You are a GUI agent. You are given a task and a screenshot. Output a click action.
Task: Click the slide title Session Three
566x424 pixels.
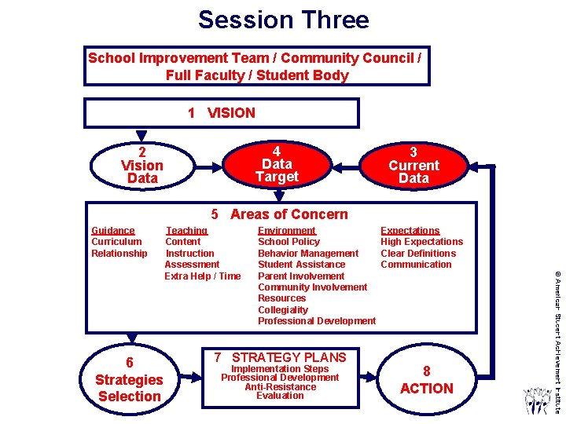pos(283,19)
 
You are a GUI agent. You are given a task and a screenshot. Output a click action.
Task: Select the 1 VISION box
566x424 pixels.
pos(222,113)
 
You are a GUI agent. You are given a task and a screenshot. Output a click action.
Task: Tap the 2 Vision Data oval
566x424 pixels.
pos(142,166)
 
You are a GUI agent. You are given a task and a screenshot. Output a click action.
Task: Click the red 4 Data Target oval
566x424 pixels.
pos(277,164)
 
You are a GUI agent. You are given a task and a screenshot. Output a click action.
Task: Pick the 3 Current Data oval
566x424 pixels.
pos(413,166)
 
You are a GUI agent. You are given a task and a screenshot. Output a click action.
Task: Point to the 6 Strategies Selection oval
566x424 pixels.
pos(129,379)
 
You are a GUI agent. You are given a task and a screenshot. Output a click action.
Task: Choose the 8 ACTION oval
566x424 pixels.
pos(426,379)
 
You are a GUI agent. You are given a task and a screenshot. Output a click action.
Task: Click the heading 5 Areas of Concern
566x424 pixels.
pos(279,214)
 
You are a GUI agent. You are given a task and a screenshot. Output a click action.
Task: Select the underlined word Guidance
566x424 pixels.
pos(113,231)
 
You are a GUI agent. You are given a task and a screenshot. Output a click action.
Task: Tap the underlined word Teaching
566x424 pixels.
pos(186,231)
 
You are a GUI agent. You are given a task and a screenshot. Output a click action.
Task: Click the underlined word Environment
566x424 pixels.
pos(287,231)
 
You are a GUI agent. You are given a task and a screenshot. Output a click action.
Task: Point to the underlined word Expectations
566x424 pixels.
pos(410,231)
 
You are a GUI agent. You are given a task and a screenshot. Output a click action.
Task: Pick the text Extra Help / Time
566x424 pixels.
pos(203,276)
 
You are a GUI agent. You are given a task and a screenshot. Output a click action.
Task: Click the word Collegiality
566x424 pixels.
pos(283,310)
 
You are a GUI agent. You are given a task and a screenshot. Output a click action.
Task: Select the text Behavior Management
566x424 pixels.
pos(308,254)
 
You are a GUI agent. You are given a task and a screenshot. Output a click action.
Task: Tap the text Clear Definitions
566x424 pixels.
pos(418,254)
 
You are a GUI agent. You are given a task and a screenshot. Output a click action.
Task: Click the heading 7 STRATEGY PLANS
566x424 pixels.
pos(280,357)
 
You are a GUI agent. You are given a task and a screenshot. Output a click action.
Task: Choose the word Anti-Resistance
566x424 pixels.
pos(280,386)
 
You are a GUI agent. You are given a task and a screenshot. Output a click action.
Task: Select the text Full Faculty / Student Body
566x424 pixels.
pos(257,75)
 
